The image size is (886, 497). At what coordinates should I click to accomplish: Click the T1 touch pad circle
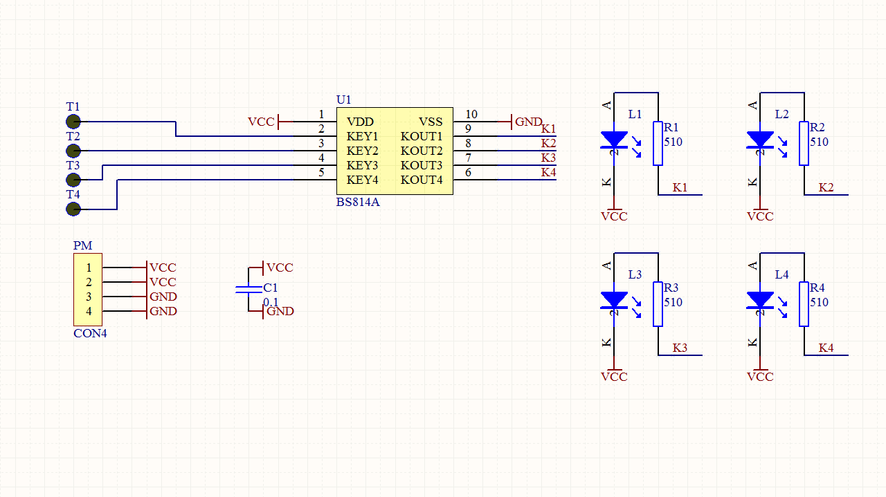(x=73, y=122)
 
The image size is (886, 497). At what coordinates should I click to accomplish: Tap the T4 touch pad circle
(x=73, y=209)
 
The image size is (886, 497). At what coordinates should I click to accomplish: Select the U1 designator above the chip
(x=344, y=100)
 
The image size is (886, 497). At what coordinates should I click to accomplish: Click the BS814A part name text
(x=358, y=203)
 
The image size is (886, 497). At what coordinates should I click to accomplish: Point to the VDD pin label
(x=360, y=122)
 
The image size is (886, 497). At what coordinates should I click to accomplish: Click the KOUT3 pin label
(x=421, y=165)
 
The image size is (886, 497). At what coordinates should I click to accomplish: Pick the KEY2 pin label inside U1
(x=362, y=151)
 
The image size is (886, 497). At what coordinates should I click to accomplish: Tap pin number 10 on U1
(x=471, y=114)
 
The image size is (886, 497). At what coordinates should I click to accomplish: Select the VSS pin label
(x=431, y=122)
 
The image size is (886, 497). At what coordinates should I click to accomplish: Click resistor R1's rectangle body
(x=658, y=144)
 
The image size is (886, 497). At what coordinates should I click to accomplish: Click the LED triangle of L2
(x=760, y=139)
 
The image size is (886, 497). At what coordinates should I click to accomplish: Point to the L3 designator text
(x=635, y=274)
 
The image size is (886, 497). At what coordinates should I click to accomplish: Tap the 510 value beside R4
(x=819, y=302)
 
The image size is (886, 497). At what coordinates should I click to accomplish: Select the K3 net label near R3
(x=680, y=348)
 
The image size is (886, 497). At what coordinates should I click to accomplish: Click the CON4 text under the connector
(x=90, y=333)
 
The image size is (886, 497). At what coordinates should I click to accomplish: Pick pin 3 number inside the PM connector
(x=89, y=297)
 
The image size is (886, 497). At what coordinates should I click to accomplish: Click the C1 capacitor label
(x=271, y=288)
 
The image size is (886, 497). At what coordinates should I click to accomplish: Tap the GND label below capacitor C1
(x=280, y=311)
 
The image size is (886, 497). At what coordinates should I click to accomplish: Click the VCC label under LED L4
(x=760, y=377)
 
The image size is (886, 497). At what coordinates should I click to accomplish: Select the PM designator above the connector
(x=82, y=246)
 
